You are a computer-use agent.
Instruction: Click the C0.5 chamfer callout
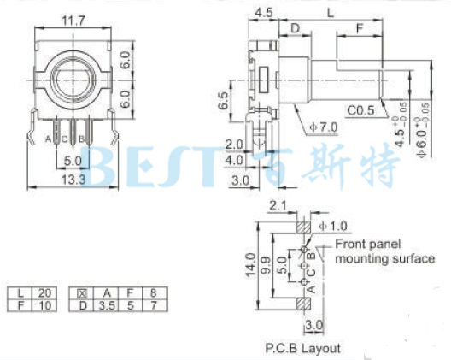click(363, 110)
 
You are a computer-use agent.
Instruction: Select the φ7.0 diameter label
click(324, 127)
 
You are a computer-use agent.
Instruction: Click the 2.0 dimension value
click(235, 143)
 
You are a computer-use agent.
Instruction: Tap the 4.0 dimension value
click(235, 159)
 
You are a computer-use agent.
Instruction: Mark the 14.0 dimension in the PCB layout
click(249, 266)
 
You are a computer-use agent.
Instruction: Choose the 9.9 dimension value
click(266, 266)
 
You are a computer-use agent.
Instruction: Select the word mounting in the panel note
click(361, 258)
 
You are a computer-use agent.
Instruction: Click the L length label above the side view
click(329, 12)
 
